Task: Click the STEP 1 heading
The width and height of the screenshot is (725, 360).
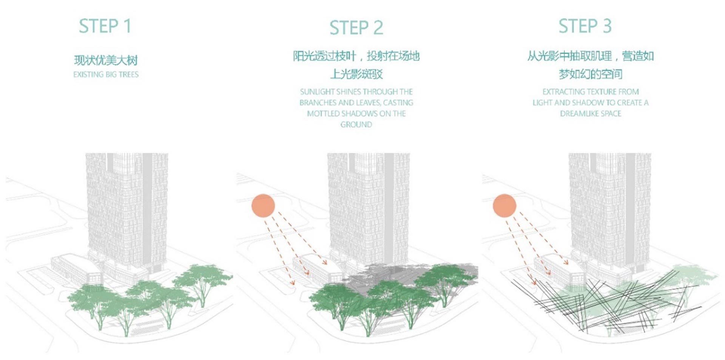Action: click(x=105, y=26)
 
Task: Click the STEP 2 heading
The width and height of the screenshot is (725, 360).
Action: click(x=356, y=28)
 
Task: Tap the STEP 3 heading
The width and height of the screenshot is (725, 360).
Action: click(x=585, y=26)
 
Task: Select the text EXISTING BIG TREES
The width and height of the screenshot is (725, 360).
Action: click(x=106, y=74)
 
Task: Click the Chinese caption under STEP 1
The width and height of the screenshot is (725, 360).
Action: click(x=106, y=60)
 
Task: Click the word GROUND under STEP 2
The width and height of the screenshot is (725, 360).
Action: click(x=356, y=125)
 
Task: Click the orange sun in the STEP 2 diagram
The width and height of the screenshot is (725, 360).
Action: click(x=263, y=205)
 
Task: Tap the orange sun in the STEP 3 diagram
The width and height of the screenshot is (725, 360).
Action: click(x=504, y=205)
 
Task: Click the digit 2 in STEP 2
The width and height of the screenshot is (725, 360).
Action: click(x=378, y=28)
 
